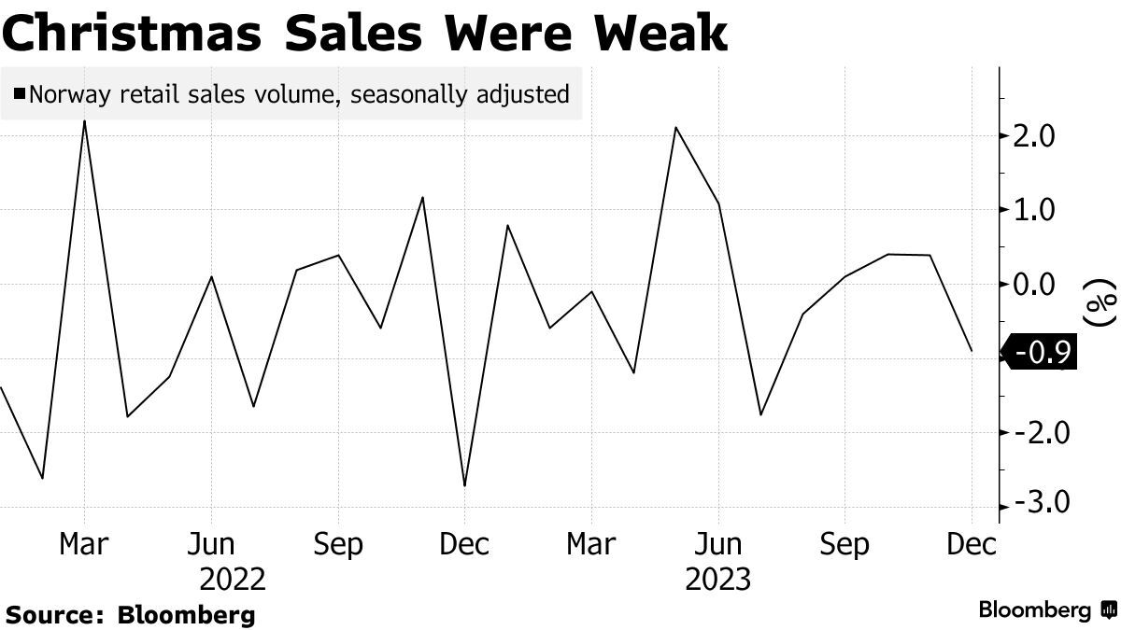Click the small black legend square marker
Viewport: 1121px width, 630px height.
pyautogui.click(x=19, y=93)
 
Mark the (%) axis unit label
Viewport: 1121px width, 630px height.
pyautogui.click(x=1101, y=301)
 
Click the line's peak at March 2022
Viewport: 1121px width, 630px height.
pyautogui.click(x=85, y=121)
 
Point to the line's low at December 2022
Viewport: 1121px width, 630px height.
pyautogui.click(x=464, y=485)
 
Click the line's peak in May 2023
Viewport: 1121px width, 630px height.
pyautogui.click(x=675, y=128)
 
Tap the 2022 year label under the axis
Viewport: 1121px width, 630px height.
pyautogui.click(x=233, y=580)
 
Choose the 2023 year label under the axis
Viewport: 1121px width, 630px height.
pyautogui.click(x=717, y=580)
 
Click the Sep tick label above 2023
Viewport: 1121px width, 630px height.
pyautogui.click(x=844, y=544)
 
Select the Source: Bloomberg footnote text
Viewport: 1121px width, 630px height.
pyautogui.click(x=131, y=615)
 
